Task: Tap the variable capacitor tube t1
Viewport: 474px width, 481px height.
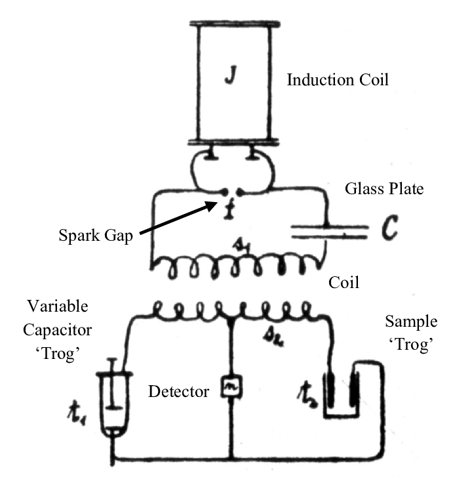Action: coord(112,400)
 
